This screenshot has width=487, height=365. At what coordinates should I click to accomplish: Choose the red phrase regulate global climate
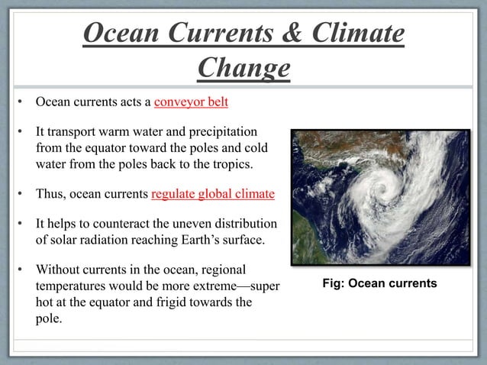[213, 193]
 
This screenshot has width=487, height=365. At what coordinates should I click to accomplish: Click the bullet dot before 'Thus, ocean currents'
[22, 193]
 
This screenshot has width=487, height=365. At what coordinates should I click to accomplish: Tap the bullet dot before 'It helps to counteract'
[22, 224]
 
